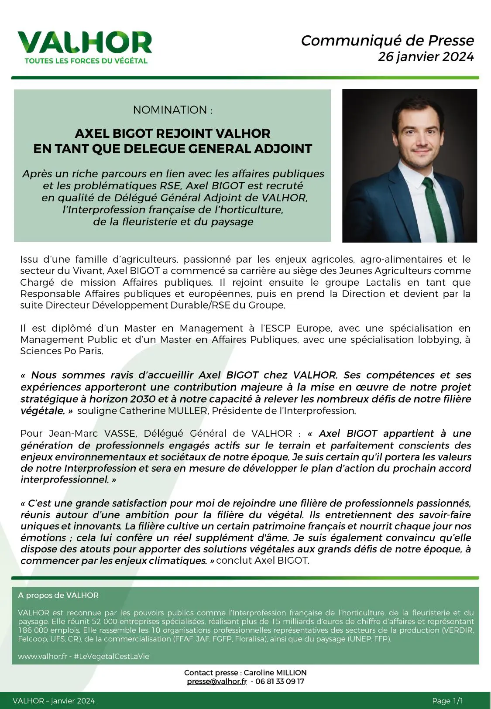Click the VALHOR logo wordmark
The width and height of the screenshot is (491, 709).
pyautogui.click(x=85, y=43)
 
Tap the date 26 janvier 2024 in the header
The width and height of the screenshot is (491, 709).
pyautogui.click(x=426, y=57)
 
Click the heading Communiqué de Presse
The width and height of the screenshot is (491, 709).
pyautogui.click(x=387, y=41)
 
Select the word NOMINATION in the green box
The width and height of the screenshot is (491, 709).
pyautogui.click(x=170, y=110)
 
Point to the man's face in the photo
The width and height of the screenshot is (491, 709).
pyautogui.click(x=418, y=135)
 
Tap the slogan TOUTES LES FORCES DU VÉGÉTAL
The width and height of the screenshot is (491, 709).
pyautogui.click(x=86, y=61)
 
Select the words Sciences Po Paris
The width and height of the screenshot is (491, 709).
pyautogui.click(x=62, y=351)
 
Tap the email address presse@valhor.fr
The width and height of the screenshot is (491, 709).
pyautogui.click(x=216, y=682)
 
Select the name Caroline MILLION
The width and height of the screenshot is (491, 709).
pyautogui.click(x=275, y=673)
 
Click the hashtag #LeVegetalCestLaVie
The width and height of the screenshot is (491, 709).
pyautogui.click(x=111, y=657)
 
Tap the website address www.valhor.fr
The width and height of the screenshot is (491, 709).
pyautogui.click(x=42, y=657)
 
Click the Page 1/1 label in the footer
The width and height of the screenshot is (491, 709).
pyautogui.click(x=447, y=701)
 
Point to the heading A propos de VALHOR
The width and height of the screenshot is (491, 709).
pyautogui.click(x=58, y=595)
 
